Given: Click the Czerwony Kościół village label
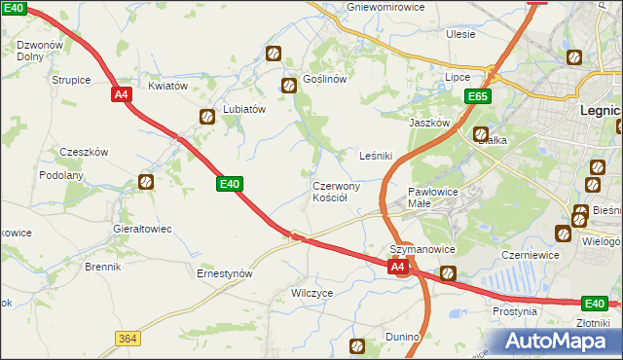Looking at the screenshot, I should click(337, 191).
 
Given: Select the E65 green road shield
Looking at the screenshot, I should click(477, 97).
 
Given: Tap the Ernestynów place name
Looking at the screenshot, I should click(225, 273).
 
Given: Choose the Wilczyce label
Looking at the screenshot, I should click(312, 292).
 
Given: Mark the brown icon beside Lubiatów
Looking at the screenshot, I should click(207, 118).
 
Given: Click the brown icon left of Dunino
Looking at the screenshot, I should click(357, 344).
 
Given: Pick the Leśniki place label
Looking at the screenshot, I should click(376, 156).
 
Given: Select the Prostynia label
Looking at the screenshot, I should click(515, 312).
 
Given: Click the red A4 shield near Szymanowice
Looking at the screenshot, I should click(397, 266).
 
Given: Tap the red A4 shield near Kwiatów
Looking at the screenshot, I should click(121, 94).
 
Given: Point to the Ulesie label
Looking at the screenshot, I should click(460, 34).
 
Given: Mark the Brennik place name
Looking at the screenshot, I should click(102, 266).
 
